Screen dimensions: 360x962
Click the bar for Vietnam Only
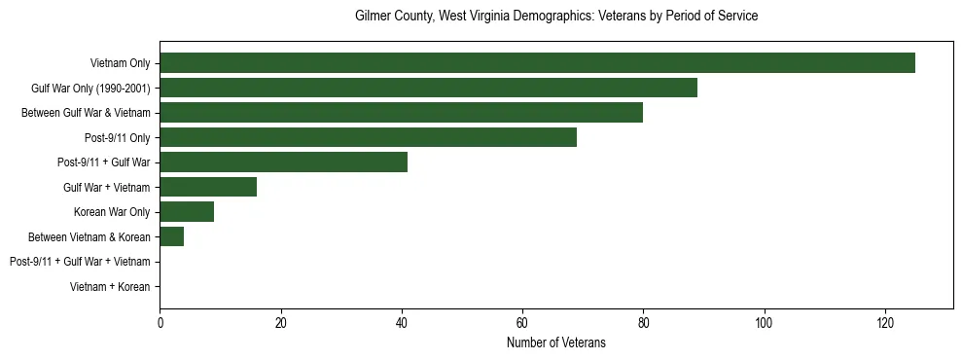[537, 63]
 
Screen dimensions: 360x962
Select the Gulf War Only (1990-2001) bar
[428, 88]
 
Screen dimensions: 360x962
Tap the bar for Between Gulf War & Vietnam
[401, 113]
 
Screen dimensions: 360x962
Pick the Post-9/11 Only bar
[368, 137]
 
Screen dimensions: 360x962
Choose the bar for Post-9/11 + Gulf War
[283, 162]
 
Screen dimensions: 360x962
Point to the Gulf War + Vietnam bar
[208, 187]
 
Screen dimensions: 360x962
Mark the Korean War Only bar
[187, 212]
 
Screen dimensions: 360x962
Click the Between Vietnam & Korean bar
[171, 236]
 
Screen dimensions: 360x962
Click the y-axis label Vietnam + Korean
[110, 287]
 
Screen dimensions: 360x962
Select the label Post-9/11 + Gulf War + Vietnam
[80, 262]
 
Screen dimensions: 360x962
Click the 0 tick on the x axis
[160, 322]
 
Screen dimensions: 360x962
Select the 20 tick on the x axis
[280, 322]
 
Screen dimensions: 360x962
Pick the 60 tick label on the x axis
[522, 322]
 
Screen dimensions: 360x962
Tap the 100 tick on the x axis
[764, 322]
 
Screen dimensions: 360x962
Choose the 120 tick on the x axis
[884, 322]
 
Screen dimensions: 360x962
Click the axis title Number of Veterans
[555, 342]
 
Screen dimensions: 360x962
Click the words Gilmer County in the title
[392, 17]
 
